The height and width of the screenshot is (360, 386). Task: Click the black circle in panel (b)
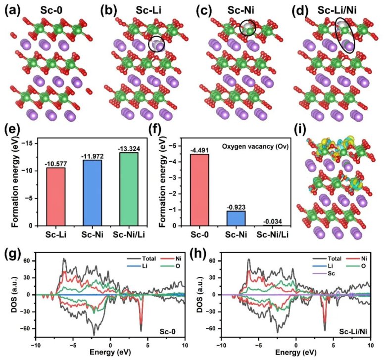[157, 45]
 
